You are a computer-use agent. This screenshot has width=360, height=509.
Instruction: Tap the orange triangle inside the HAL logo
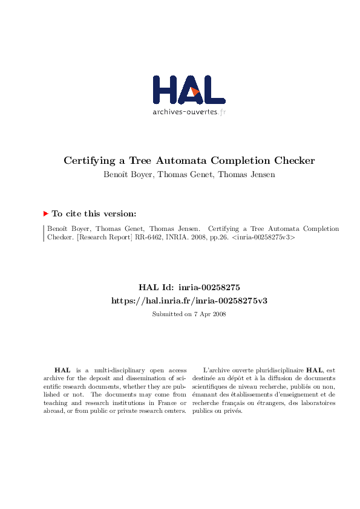[x=194, y=91]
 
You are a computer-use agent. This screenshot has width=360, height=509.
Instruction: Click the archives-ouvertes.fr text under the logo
[x=189, y=112]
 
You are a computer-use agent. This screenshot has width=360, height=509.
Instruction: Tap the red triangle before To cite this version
[x=45, y=213]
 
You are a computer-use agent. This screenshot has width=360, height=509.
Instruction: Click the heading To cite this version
[x=94, y=213]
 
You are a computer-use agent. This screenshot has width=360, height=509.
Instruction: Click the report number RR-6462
[x=146, y=238]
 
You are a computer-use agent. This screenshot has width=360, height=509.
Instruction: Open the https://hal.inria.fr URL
[x=189, y=300]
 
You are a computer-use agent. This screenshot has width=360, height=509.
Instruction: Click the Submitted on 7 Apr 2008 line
[x=189, y=314]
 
